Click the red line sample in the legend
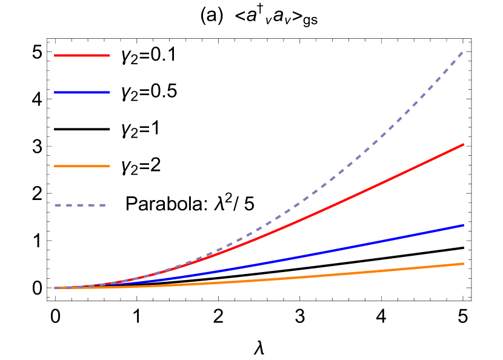click(x=82, y=55)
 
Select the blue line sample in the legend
click(x=82, y=92)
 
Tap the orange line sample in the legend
click(x=82, y=165)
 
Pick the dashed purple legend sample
click(x=80, y=205)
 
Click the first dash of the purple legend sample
click(x=58, y=205)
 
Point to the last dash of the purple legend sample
click(x=102, y=205)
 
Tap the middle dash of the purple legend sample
click(x=80, y=205)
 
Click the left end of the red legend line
click(x=55, y=55)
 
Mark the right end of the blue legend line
click(x=109, y=92)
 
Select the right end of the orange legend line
click(x=109, y=165)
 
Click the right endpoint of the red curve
click(x=464, y=144)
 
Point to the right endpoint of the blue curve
click(x=464, y=225)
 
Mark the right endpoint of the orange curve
click(x=464, y=264)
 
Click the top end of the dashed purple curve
click(x=463, y=52)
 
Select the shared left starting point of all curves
click(x=55, y=288)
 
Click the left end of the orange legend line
click(x=55, y=165)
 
